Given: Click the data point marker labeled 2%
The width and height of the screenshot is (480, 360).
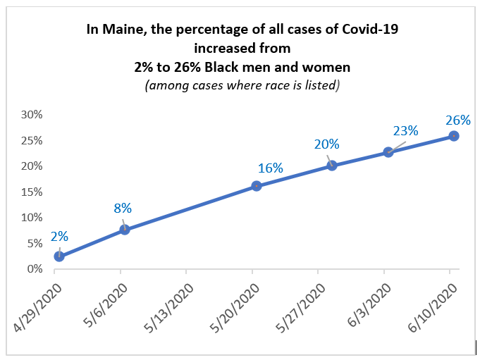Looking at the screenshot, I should (x=59, y=256).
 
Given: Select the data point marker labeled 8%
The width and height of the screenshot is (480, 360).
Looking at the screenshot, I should (x=125, y=229).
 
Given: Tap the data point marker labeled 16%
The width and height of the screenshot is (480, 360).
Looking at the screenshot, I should (x=257, y=186).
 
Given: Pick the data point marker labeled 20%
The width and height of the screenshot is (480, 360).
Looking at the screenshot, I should (x=332, y=166).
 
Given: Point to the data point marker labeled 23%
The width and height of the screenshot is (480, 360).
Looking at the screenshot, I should (x=388, y=151).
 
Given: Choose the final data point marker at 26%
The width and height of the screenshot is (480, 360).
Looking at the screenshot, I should (x=454, y=135).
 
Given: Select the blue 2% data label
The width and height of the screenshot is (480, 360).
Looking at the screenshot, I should (x=59, y=237).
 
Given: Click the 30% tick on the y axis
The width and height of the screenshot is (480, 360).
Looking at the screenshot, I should (x=32, y=114).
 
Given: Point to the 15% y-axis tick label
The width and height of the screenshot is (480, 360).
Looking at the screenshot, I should (x=32, y=192).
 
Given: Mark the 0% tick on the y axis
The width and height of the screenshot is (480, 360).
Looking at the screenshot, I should (x=35, y=268).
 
